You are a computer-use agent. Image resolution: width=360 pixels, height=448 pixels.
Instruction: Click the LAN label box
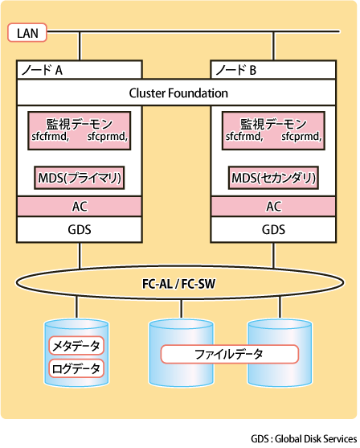[27, 32]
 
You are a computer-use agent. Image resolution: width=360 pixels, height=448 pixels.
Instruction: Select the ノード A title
[42, 70]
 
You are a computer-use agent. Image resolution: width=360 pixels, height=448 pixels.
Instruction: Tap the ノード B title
[235, 70]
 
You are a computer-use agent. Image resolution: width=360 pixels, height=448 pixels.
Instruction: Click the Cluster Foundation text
[178, 93]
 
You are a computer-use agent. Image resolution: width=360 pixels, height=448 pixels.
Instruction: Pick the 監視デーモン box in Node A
[80, 131]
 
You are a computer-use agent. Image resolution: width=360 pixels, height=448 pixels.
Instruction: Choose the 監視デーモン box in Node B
[273, 131]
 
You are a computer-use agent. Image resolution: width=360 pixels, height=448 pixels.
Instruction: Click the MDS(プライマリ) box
[80, 178]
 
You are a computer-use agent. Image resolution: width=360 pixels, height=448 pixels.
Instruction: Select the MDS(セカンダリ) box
[273, 178]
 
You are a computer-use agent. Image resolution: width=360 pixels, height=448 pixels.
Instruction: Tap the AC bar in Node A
[80, 206]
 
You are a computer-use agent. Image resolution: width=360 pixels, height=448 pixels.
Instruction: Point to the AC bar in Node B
[273, 206]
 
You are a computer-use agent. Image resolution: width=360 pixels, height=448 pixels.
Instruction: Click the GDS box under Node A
[80, 230]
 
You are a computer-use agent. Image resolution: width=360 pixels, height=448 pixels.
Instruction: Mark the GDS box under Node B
[273, 230]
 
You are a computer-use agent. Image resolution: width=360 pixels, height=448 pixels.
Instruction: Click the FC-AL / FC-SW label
[178, 284]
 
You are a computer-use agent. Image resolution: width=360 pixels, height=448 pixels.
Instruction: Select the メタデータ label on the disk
[76, 346]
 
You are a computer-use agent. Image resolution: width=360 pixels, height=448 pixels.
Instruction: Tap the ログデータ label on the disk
[76, 368]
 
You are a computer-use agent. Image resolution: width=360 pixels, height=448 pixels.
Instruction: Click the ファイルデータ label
[230, 354]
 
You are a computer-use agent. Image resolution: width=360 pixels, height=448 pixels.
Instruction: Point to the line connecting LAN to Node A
[80, 46]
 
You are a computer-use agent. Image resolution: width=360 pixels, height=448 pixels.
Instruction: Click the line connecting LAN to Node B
[273, 46]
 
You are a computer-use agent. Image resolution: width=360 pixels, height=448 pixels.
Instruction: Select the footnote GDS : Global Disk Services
[304, 439]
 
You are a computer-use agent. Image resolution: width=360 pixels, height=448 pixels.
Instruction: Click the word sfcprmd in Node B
[301, 137]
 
